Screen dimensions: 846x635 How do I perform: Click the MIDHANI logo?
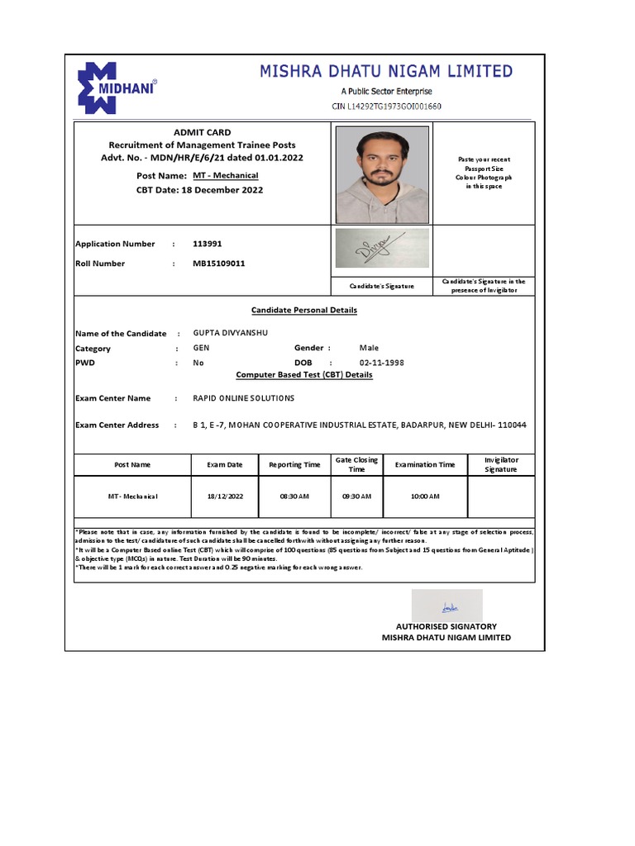coord(117,85)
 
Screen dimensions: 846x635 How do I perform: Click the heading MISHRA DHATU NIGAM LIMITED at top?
coord(386,72)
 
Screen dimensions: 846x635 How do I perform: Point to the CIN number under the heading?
coord(386,107)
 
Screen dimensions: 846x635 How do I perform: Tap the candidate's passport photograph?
coord(382,174)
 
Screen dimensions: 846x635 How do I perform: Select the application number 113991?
coord(207,244)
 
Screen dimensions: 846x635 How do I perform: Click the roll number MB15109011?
coord(218,264)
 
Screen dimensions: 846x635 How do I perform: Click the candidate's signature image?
coord(382,248)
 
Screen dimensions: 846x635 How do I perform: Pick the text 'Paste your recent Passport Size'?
coord(485,163)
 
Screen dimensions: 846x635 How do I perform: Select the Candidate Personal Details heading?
coord(304,310)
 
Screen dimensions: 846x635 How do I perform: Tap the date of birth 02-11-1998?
coord(381,363)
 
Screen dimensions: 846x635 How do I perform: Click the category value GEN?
coord(201,349)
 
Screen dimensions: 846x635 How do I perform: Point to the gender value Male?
coord(369,349)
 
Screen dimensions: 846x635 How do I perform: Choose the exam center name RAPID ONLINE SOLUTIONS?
coord(243,398)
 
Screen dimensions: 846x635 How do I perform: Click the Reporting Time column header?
coord(294,464)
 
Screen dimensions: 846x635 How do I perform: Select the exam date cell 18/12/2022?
coord(225,497)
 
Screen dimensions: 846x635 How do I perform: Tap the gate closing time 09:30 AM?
coord(356,497)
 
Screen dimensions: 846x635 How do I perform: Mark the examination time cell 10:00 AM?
coord(424,497)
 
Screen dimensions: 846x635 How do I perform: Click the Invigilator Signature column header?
coord(500,464)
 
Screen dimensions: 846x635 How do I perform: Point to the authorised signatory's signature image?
coord(446,606)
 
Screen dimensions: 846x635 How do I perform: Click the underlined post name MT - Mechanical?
coord(226,176)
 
